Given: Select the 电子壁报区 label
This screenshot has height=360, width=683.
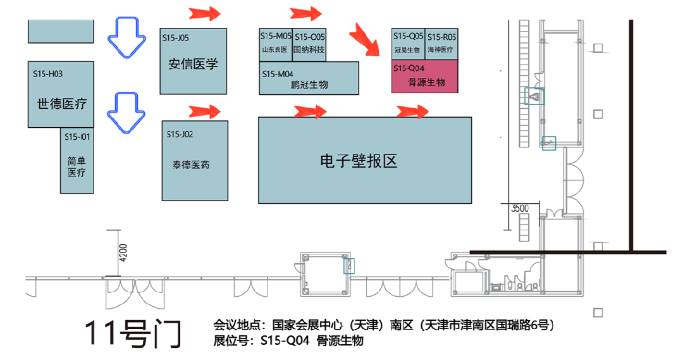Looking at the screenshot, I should point(359,161).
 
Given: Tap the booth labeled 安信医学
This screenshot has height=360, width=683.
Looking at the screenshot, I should point(193,64).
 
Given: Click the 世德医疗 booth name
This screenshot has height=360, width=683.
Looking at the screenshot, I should point(61,104).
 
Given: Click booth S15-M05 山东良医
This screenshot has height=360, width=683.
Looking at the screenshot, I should point(275,44).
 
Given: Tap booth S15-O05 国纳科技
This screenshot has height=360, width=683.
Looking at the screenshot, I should point(310,44).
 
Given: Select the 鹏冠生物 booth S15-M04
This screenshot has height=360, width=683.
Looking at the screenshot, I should point(309,78).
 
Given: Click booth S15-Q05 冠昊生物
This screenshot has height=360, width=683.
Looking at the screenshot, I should point(408,44).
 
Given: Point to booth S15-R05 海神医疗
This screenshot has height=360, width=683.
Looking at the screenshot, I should point(441,44).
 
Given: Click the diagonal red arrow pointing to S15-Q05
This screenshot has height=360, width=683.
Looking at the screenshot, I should point(366,39).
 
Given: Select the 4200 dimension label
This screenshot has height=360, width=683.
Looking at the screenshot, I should point(123,253).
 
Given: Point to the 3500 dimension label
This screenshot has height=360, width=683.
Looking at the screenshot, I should point(519,208).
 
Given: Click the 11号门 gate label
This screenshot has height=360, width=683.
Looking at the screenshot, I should point(133,333).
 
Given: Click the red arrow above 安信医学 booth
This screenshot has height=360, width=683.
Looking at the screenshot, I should point(204,13).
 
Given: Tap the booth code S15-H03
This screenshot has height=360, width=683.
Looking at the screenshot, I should point(48,74).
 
